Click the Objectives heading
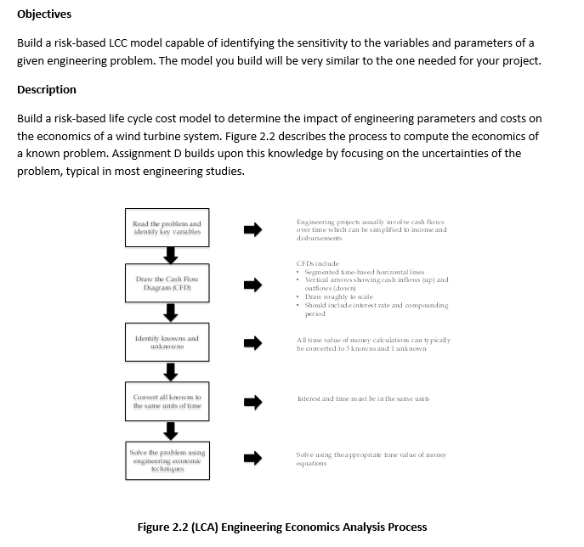point(44,14)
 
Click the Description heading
point(47,90)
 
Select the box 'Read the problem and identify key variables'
point(167,228)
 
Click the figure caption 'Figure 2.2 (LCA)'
point(282,527)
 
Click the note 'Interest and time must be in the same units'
point(358,399)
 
